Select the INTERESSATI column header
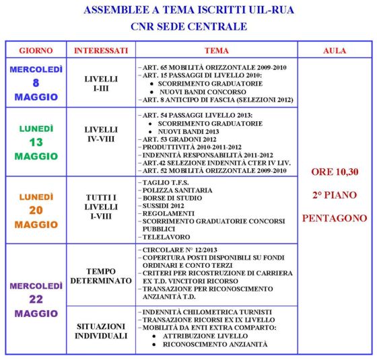pyautogui.click(x=100, y=50)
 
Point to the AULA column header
pyautogui.click(x=334, y=50)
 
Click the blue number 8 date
pyautogui.click(x=36, y=83)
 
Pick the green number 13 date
pyautogui.click(x=36, y=142)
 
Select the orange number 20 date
pyautogui.click(x=36, y=210)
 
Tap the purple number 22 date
pyautogui.click(x=36, y=299)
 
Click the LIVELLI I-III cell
pyautogui.click(x=100, y=83)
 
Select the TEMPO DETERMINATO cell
pyautogui.click(x=100, y=275)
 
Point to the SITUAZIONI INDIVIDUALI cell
pyautogui.click(x=100, y=330)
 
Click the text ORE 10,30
pyautogui.click(x=334, y=172)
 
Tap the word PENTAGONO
pyautogui.click(x=334, y=218)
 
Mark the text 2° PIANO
pyautogui.click(x=334, y=195)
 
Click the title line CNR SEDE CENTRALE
pyautogui.click(x=188, y=27)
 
